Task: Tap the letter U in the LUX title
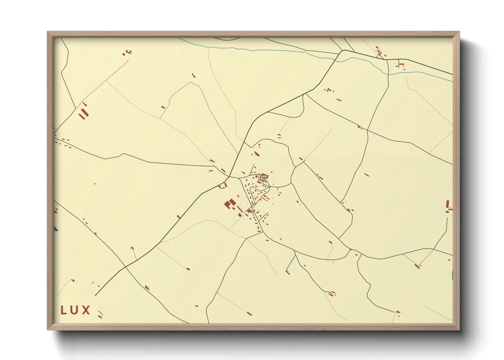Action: pyautogui.click(x=75, y=310)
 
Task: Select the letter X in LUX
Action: pyautogui.click(x=86, y=310)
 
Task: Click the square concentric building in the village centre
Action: pyautogui.click(x=264, y=177)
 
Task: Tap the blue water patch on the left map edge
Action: pyautogui.click(x=56, y=229)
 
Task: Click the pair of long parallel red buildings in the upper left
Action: pyautogui.click(x=83, y=113)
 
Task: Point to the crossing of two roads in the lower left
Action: pyautogui.click(x=125, y=267)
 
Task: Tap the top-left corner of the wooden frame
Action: pyautogui.click(x=48, y=32)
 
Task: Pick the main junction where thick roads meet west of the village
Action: pyautogui.click(x=229, y=177)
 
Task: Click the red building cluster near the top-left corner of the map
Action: pyautogui.click(x=127, y=52)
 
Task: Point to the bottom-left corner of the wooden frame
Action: pyautogui.click(x=48, y=329)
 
